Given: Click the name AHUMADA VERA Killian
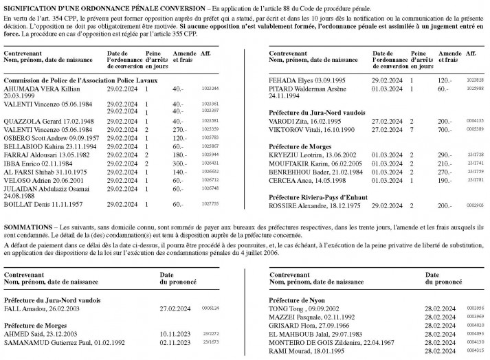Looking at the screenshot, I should [35, 89].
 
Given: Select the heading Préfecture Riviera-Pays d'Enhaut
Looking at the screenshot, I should [315, 196].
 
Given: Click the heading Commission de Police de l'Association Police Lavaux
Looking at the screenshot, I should [86, 80].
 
